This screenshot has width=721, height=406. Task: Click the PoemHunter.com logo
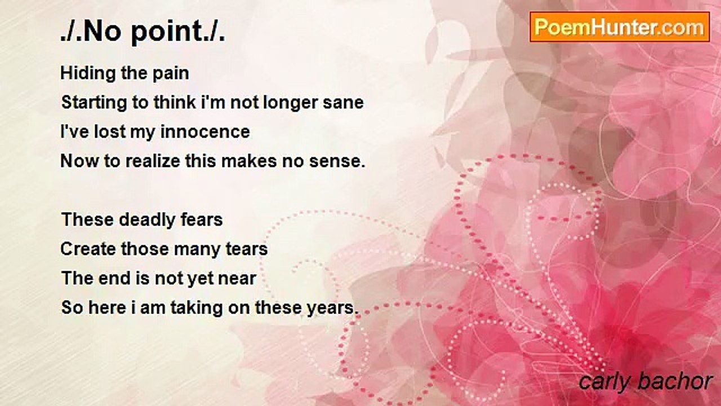pos(620,27)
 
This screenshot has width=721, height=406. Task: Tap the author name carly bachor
pos(646,382)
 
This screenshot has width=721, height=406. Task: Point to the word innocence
pos(205,132)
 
